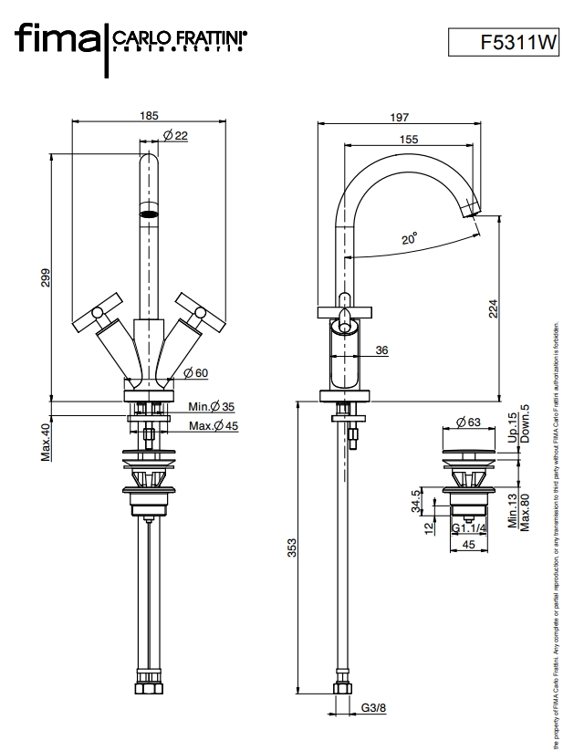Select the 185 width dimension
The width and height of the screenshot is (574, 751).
pyautogui.click(x=150, y=116)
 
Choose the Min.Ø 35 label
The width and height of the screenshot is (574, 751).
pyautogui.click(x=212, y=406)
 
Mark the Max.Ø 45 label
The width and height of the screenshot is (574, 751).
pyautogui.click(x=214, y=425)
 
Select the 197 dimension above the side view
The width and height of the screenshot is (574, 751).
pyautogui.click(x=399, y=116)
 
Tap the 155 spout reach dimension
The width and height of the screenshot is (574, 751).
pyautogui.click(x=410, y=139)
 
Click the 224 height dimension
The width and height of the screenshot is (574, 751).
pyautogui.click(x=494, y=310)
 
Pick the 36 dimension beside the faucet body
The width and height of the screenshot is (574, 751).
pyautogui.click(x=382, y=349)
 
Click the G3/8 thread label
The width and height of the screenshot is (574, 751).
pyautogui.click(x=373, y=707)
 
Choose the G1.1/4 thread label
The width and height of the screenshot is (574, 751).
pyautogui.click(x=469, y=528)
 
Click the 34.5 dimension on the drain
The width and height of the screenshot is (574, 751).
pyautogui.click(x=416, y=503)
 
